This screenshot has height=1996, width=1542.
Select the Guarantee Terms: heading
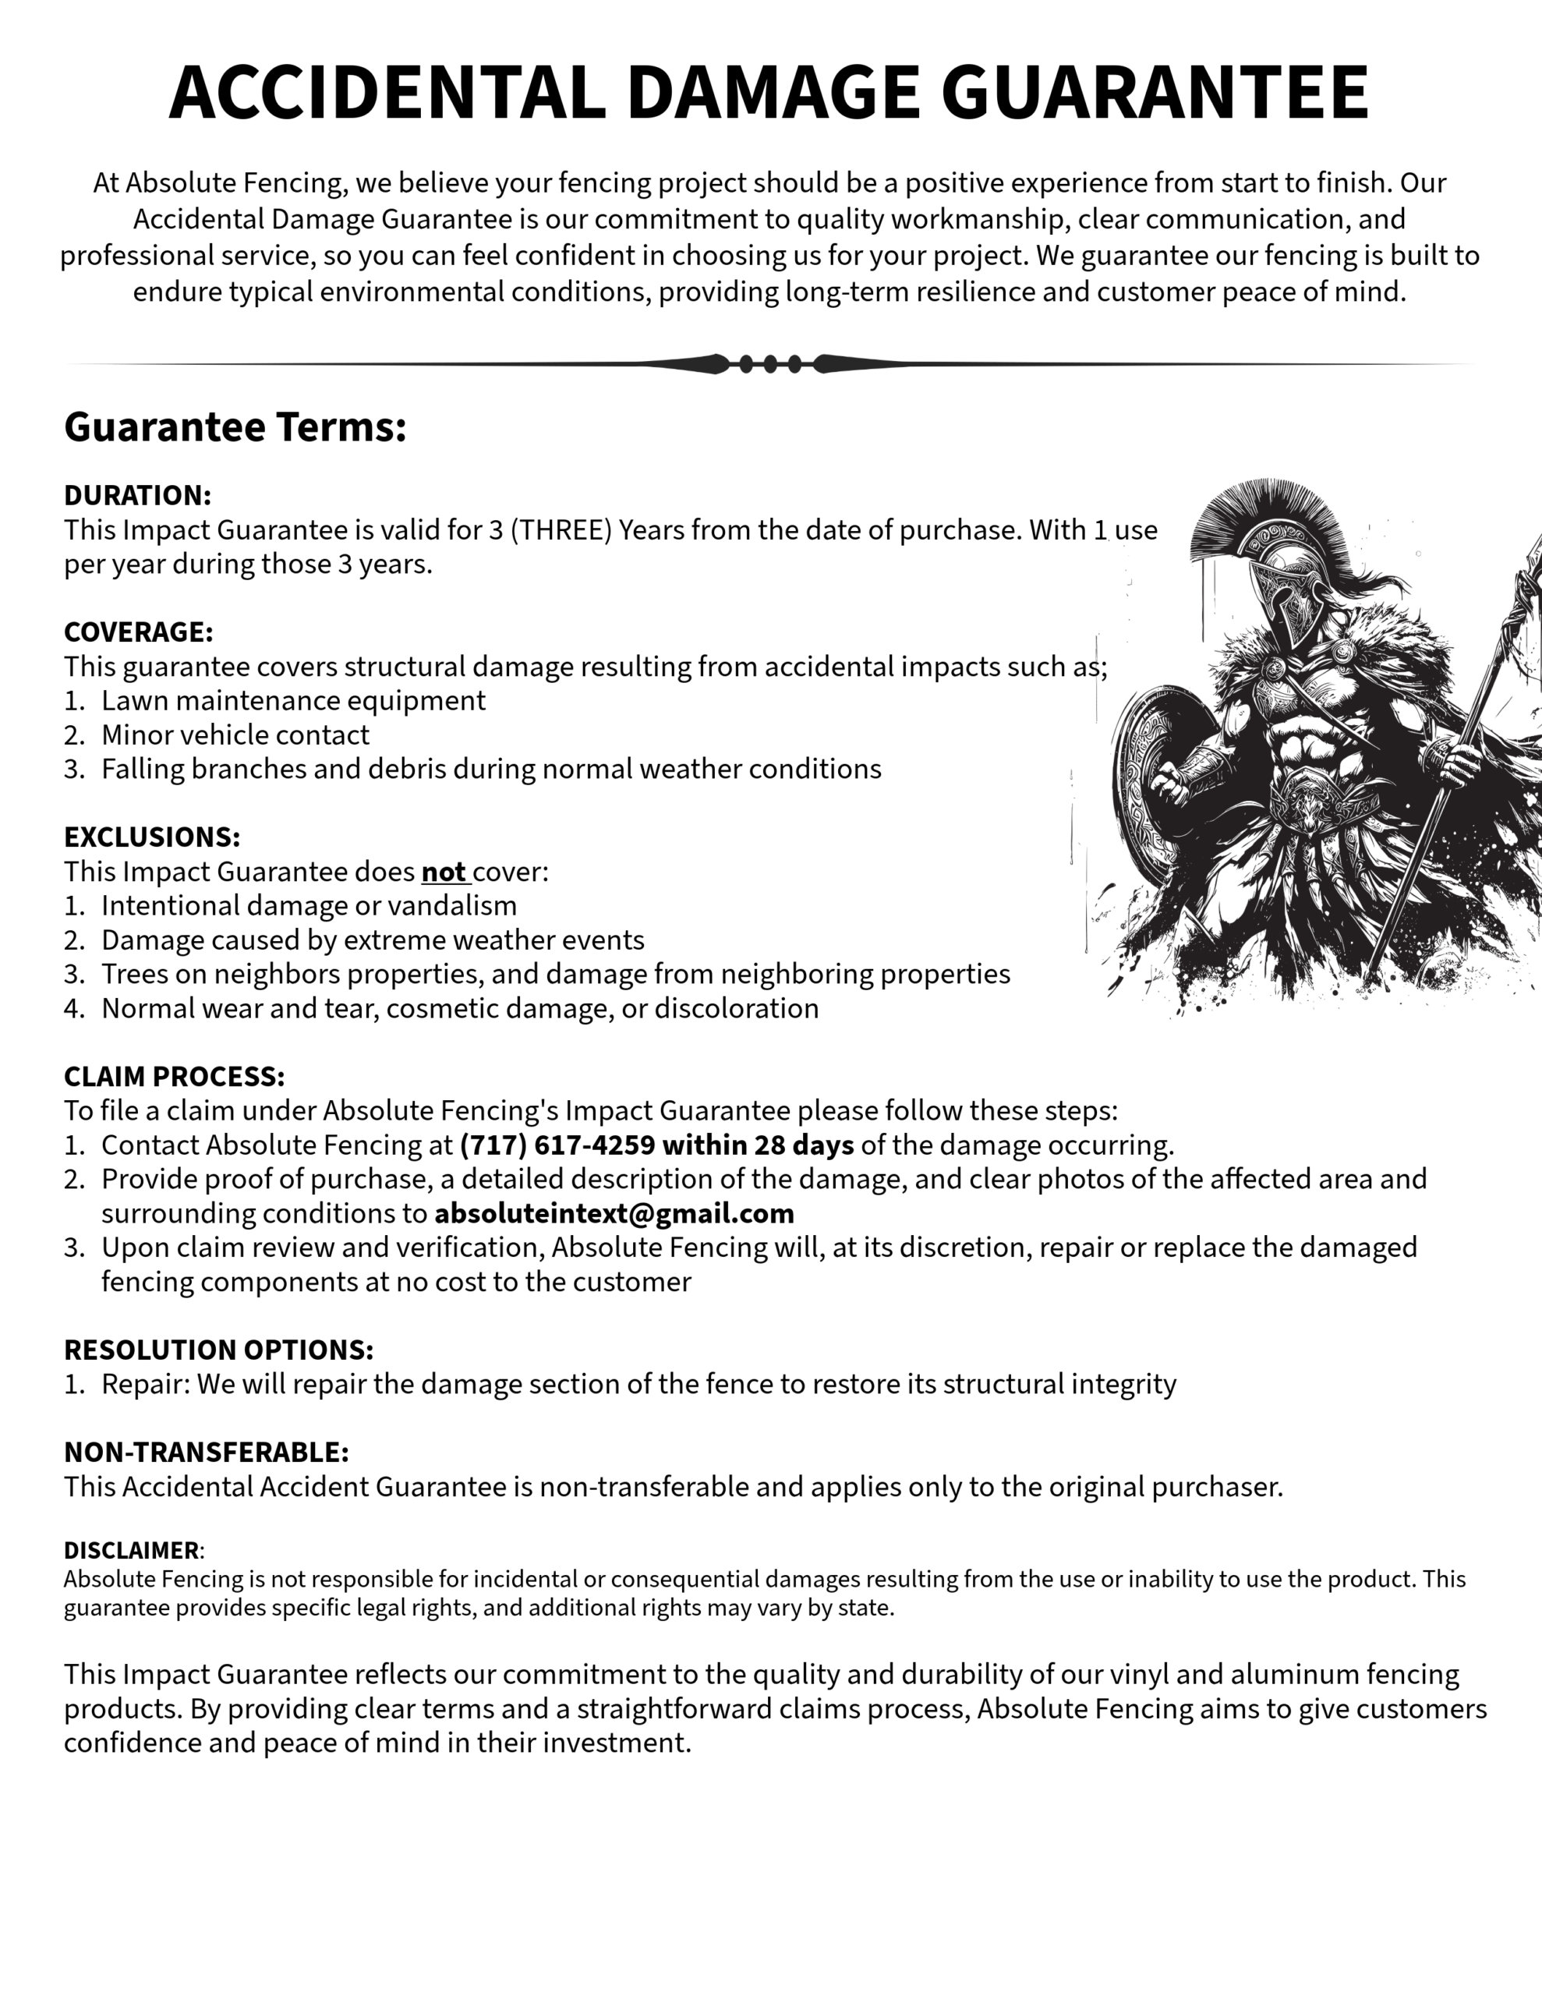235,426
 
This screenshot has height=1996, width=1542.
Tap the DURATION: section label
137,495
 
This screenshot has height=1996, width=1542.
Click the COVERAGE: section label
138,632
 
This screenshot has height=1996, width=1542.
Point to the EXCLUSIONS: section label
152,837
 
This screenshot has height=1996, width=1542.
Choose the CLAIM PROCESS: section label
174,1076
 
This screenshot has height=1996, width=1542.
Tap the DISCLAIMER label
132,1550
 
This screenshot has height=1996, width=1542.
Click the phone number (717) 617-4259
557,1145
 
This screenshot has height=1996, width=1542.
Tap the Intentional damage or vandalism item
309,906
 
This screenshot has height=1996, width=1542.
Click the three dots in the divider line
770,364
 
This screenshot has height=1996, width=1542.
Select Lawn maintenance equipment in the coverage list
292,700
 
